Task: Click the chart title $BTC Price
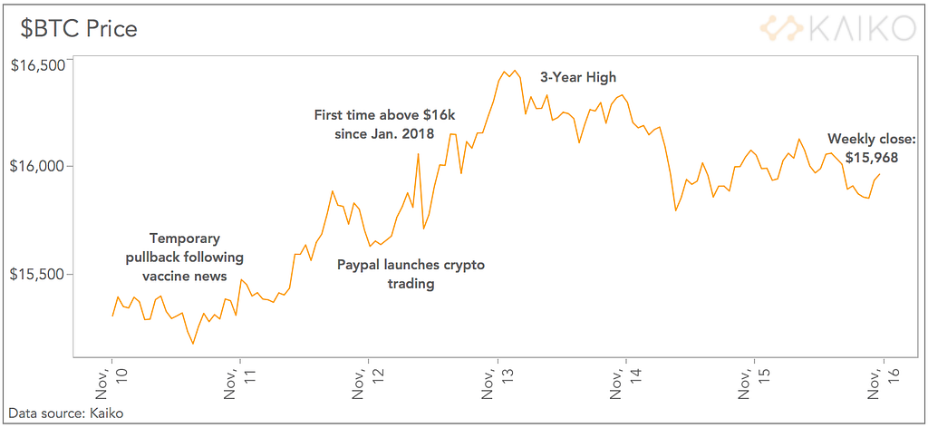80,28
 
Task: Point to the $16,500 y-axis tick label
38,64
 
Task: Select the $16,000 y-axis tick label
38,167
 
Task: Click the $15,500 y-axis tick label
38,274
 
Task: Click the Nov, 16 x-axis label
883,384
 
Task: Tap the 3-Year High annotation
577,78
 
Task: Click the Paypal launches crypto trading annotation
411,274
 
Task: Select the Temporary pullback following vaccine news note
184,257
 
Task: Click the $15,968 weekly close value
872,157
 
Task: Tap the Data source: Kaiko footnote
65,414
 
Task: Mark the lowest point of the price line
192,344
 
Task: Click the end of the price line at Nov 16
880,174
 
